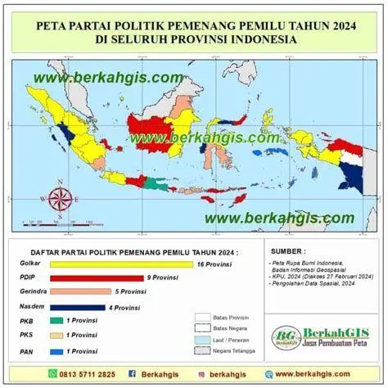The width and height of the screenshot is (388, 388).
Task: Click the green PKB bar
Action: [56, 321]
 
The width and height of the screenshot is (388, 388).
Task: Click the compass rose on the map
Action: [60, 198]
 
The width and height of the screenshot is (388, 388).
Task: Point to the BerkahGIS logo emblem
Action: [286, 336]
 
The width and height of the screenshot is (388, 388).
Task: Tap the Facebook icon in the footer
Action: [132, 374]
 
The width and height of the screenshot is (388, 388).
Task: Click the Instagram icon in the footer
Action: [200, 374]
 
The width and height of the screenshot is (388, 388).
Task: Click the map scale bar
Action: [57, 222]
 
